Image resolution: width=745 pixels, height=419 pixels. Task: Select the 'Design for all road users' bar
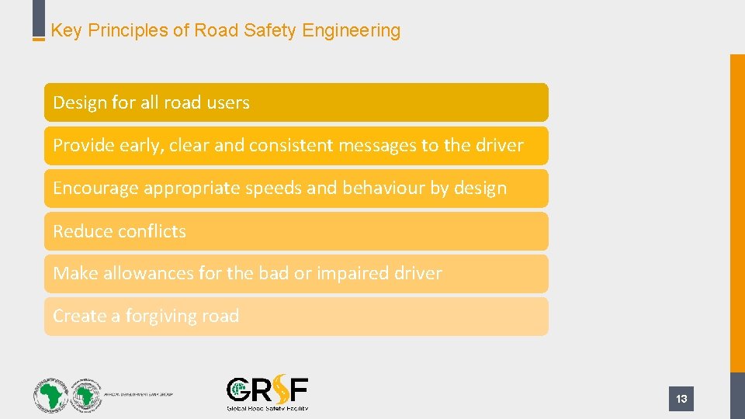click(296, 102)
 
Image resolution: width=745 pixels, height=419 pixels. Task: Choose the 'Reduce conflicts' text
click(120, 231)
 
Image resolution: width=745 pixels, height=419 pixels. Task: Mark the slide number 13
click(681, 399)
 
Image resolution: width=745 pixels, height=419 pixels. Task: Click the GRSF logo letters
click(267, 390)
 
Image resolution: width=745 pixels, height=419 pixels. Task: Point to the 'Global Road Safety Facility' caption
click(267, 408)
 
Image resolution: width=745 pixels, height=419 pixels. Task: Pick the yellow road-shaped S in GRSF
click(277, 390)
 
